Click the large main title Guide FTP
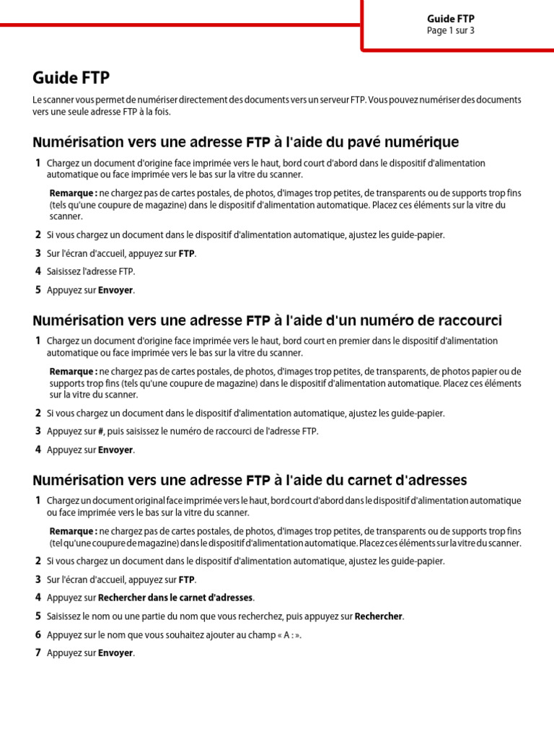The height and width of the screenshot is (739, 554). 71,77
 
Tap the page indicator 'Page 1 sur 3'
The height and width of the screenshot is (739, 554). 450,31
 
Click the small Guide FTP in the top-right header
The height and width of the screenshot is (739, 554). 450,19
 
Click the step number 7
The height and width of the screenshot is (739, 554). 38,653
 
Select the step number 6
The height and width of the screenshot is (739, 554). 38,635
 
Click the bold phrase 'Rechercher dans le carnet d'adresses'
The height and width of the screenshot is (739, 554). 175,598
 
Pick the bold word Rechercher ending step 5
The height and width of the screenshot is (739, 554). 379,616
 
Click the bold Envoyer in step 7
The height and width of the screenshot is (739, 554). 115,653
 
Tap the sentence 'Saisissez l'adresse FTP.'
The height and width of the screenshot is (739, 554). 91,271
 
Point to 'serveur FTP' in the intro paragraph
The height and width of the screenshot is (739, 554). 341,100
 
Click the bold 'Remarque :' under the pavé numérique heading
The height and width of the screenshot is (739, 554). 73,193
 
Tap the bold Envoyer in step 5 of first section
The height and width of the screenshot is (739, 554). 115,290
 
